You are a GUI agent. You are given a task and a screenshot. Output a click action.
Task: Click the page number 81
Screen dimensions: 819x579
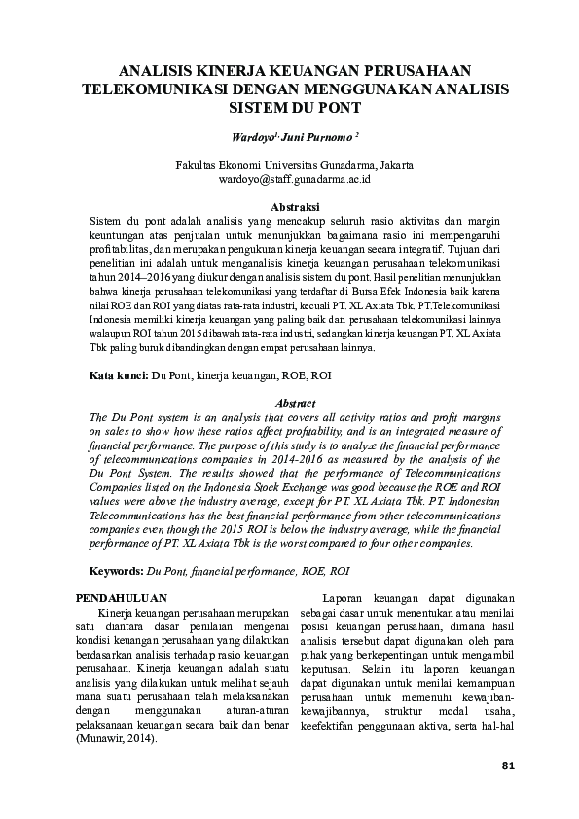506,766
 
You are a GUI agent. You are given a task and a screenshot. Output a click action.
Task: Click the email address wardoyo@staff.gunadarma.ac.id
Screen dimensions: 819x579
289,179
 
